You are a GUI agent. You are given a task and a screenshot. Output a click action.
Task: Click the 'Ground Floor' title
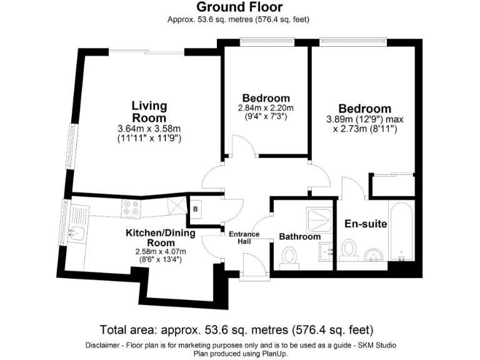(x=239, y=7)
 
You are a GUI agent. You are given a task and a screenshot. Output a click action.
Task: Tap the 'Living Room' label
(x=149, y=111)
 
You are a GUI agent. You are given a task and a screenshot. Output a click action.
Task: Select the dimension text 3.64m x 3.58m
(x=149, y=129)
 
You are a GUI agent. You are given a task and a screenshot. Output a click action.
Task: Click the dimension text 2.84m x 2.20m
(x=266, y=108)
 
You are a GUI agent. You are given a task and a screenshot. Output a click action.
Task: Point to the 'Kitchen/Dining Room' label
(x=161, y=237)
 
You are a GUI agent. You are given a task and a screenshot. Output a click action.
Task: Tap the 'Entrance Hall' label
(x=244, y=238)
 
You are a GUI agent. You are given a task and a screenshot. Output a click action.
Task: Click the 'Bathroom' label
(x=299, y=237)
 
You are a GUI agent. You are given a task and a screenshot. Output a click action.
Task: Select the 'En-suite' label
(x=366, y=224)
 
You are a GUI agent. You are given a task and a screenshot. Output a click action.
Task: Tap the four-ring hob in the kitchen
(x=131, y=207)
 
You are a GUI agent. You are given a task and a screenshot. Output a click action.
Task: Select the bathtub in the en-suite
(x=400, y=232)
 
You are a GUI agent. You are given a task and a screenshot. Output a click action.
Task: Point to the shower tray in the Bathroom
(x=320, y=218)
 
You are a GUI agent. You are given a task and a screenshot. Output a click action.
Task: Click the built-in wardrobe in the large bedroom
(x=392, y=185)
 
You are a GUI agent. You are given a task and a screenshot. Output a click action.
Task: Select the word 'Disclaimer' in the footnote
(x=103, y=346)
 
